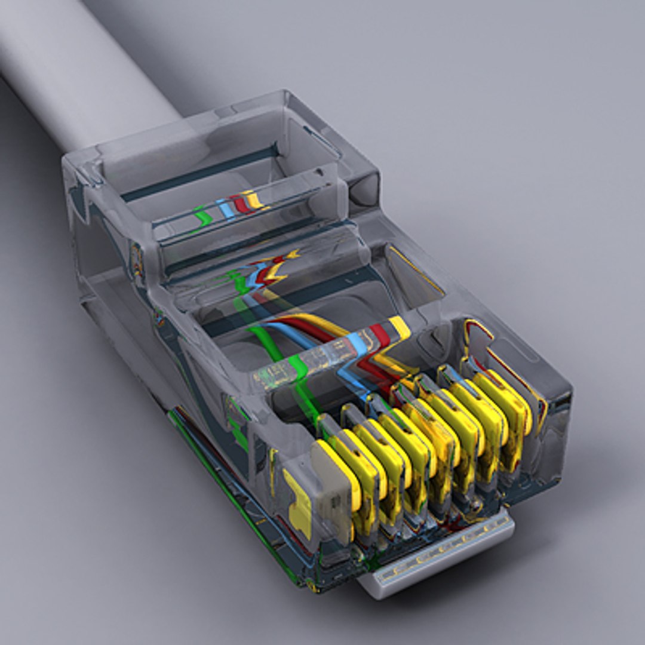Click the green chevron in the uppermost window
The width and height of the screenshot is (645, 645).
[203, 216]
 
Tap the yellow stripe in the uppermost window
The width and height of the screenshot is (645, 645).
[254, 199]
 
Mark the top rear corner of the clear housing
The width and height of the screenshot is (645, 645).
[287, 96]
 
